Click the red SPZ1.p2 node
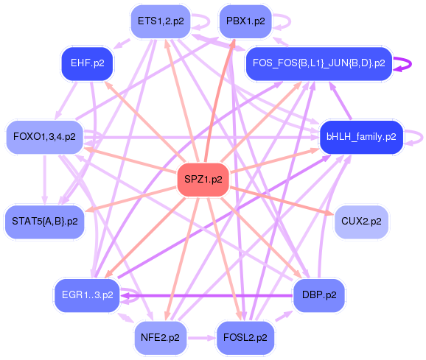[203, 180]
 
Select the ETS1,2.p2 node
[161, 21]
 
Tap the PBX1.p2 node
[245, 21]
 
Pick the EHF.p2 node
[87, 63]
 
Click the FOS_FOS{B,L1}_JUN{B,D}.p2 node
[319, 63]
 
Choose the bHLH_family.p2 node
[361, 137]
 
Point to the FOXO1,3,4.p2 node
[44, 137]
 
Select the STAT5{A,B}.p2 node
[45, 222]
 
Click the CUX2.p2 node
[361, 222]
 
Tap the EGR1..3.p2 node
[87, 295]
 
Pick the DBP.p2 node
[319, 295]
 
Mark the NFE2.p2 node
[160, 338]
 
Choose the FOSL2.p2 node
[245, 338]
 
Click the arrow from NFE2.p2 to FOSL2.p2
[201, 338]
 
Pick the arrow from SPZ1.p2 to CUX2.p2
[282, 201]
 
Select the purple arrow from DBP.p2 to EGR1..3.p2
[207, 295]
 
